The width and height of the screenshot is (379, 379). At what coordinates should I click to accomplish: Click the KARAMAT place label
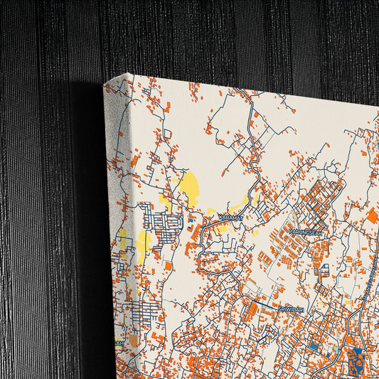point(230,217)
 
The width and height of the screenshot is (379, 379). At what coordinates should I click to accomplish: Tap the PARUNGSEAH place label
point(306,230)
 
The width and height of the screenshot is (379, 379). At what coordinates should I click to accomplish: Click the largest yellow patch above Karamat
point(188,189)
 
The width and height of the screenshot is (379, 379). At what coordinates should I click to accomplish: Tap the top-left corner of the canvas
point(105,83)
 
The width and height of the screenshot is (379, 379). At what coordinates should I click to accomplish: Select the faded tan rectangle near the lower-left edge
point(134,341)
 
